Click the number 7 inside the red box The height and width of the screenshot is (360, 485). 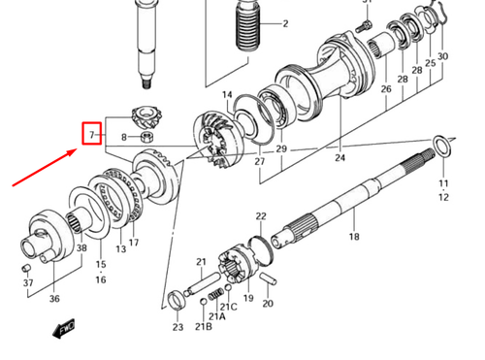pos(90,132)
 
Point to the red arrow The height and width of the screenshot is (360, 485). pos(44,167)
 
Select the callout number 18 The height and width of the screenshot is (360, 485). pos(354,237)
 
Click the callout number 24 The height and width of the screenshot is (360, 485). pos(339,157)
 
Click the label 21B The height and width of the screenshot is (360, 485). pos(203,327)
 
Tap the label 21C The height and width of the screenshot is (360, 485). pos(231,307)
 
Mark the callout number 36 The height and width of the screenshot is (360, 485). pos(54,299)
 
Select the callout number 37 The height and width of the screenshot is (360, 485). pos(28,283)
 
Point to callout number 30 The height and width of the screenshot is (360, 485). pos(442,56)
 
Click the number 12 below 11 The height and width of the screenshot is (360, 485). pos(444,196)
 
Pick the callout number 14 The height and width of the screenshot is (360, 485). pos(228,95)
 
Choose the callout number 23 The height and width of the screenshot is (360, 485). pos(178,328)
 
